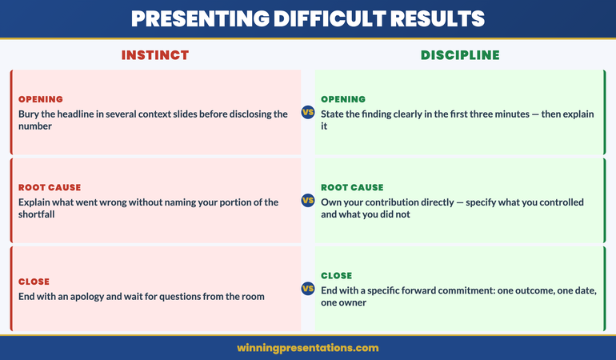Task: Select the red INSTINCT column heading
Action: pos(155,55)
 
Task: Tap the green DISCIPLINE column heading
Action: pos(460,55)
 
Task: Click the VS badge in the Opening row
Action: pos(307,113)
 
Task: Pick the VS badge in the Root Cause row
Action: pos(307,201)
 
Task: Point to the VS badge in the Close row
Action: pos(307,289)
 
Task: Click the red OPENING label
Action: pos(40,99)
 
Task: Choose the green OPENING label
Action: pos(343,99)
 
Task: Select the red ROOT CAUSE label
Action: pos(50,187)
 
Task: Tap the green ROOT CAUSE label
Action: pos(352,187)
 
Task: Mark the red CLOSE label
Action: pos(34,282)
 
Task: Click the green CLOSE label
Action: pos(337,275)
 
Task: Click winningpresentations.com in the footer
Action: pos(308,348)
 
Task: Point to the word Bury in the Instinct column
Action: pos(29,114)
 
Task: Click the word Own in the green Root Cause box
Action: pos(331,202)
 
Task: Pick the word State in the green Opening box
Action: pos(334,114)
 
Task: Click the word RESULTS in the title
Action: pos(440,18)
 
